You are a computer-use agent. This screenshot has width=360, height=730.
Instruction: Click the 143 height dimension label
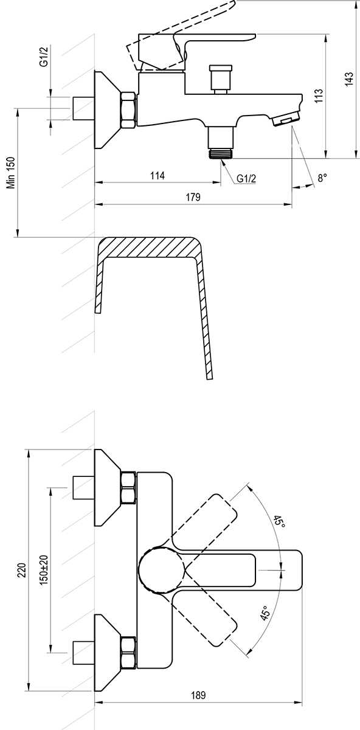tap(349, 79)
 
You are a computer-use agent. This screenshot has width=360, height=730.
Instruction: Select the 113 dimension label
tap(319, 96)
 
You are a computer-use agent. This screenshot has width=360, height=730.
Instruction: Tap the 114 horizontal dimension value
tap(157, 176)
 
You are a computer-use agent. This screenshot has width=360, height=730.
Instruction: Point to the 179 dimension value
tap(193, 197)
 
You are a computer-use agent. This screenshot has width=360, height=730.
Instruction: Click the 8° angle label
tap(322, 178)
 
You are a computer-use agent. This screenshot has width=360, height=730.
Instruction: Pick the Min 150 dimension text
tap(12, 173)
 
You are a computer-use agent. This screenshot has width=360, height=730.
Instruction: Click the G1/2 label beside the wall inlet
tap(44, 57)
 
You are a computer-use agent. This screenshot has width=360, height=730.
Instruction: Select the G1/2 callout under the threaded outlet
tap(246, 178)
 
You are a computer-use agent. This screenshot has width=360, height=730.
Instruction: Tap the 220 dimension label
tap(22, 570)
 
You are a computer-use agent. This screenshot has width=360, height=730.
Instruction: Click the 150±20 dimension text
tap(44, 570)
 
